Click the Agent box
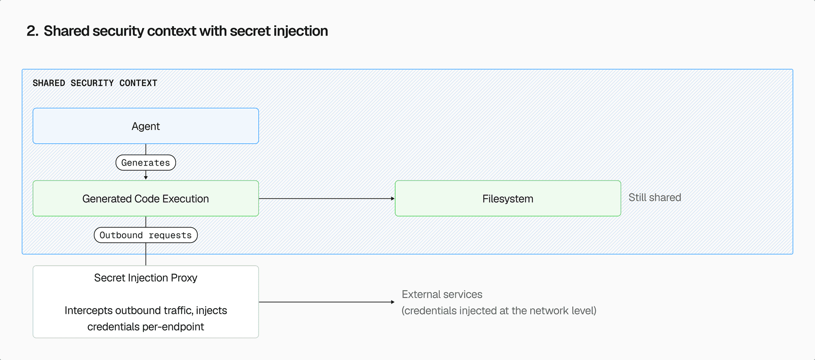[x=146, y=126]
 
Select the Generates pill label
[x=146, y=163]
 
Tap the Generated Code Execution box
[x=146, y=199]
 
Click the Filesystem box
[x=508, y=199]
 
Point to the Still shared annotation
[x=655, y=197]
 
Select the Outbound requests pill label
[x=146, y=235]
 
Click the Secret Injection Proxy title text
[x=146, y=278]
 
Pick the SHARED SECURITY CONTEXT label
[x=95, y=83]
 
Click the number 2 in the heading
[x=31, y=31]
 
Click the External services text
[x=442, y=294]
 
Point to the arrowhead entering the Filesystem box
[x=393, y=198]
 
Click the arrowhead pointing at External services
[x=393, y=302]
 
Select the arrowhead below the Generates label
[x=146, y=177]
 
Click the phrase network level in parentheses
[x=561, y=311]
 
